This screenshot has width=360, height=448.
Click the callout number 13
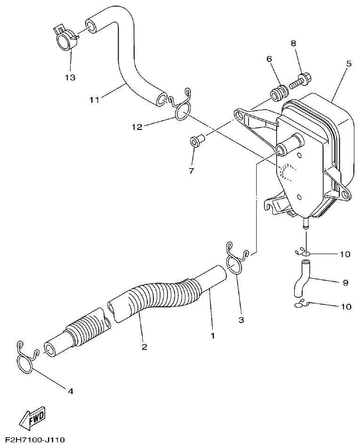click(70, 77)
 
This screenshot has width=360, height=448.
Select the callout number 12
click(136, 127)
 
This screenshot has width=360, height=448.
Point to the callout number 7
click(192, 171)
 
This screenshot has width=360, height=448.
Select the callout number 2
click(144, 347)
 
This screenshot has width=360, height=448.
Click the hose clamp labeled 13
click(66, 39)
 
